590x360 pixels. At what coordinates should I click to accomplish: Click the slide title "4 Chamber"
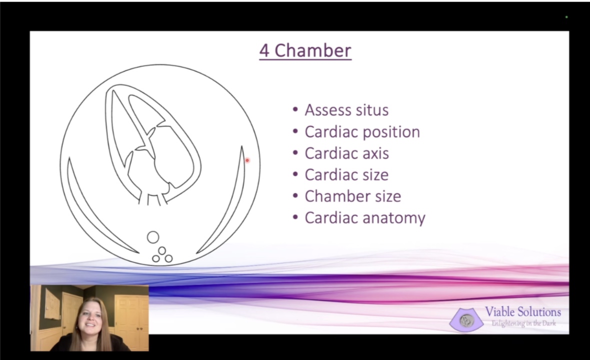(x=305, y=51)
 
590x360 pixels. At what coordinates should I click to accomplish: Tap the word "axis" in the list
(x=374, y=153)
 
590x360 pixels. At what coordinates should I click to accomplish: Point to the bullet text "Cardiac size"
(x=346, y=175)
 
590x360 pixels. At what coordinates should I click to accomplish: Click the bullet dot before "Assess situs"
(x=295, y=110)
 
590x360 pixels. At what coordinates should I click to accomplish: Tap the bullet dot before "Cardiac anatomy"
(x=295, y=218)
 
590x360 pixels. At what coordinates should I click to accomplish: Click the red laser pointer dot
(x=247, y=160)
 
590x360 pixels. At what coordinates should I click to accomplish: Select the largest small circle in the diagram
(x=153, y=237)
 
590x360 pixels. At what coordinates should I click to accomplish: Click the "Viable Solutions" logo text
(x=522, y=312)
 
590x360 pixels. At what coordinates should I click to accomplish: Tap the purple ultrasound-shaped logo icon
(x=466, y=319)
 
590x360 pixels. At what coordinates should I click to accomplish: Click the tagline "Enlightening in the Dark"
(x=524, y=323)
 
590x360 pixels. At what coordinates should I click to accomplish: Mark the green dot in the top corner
(x=566, y=17)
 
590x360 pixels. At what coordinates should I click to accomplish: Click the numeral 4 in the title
(x=264, y=51)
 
